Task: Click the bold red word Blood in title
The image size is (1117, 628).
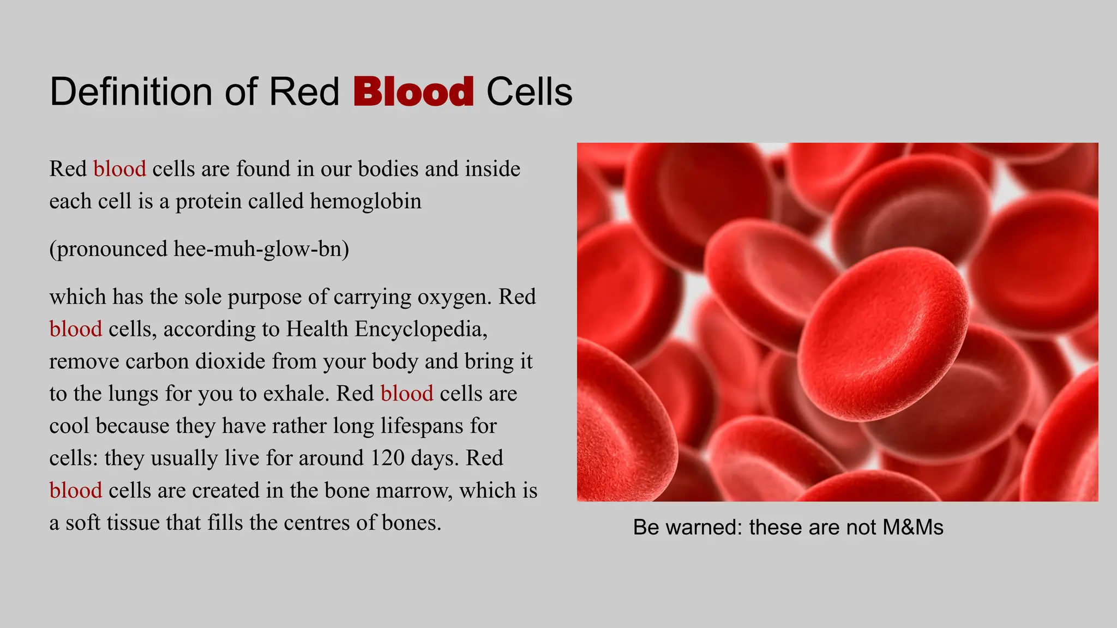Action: tap(413, 92)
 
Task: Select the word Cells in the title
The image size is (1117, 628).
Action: tap(529, 92)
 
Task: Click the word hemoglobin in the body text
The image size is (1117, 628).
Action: tap(365, 201)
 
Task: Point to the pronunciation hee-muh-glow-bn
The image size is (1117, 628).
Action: tap(261, 249)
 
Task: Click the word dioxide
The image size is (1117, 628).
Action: tap(230, 361)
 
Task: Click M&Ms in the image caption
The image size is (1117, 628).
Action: tap(913, 527)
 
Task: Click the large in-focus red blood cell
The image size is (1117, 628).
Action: tap(884, 333)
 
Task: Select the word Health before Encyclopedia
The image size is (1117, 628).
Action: tap(317, 329)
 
